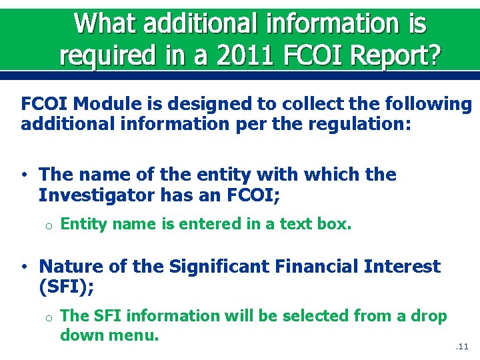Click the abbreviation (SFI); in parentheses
(x=66, y=287)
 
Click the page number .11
(x=463, y=347)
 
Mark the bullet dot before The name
(x=24, y=175)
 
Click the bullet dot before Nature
(x=24, y=267)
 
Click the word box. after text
(x=333, y=225)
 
